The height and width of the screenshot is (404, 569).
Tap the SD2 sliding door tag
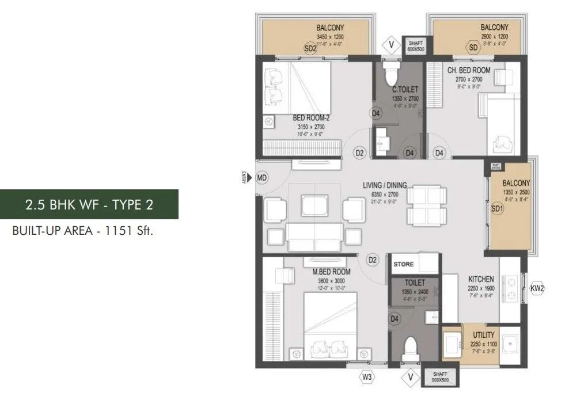(310, 49)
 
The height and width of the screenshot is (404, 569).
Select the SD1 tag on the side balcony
(497, 210)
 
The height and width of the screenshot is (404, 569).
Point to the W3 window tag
(367, 378)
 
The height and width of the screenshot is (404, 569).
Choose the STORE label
(404, 264)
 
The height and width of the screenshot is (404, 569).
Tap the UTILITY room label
(483, 334)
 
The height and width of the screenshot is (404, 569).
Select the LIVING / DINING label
(385, 185)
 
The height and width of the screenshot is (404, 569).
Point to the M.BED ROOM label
(331, 271)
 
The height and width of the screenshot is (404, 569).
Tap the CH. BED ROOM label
(469, 70)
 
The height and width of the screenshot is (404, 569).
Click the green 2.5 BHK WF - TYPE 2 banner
(89, 204)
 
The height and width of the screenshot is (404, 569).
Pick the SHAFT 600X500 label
(415, 47)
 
